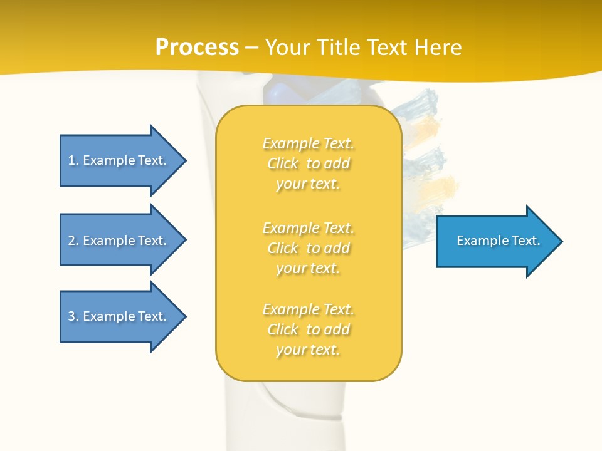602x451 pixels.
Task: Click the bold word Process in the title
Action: coord(197,48)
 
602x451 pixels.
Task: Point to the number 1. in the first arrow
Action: coord(73,160)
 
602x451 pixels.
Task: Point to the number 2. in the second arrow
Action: coord(73,241)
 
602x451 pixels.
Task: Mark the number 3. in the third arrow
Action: coord(73,316)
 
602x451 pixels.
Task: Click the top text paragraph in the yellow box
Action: coord(308,163)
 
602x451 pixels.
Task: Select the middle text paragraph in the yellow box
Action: coord(308,248)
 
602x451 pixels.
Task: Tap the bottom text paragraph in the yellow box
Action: coord(308,329)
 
